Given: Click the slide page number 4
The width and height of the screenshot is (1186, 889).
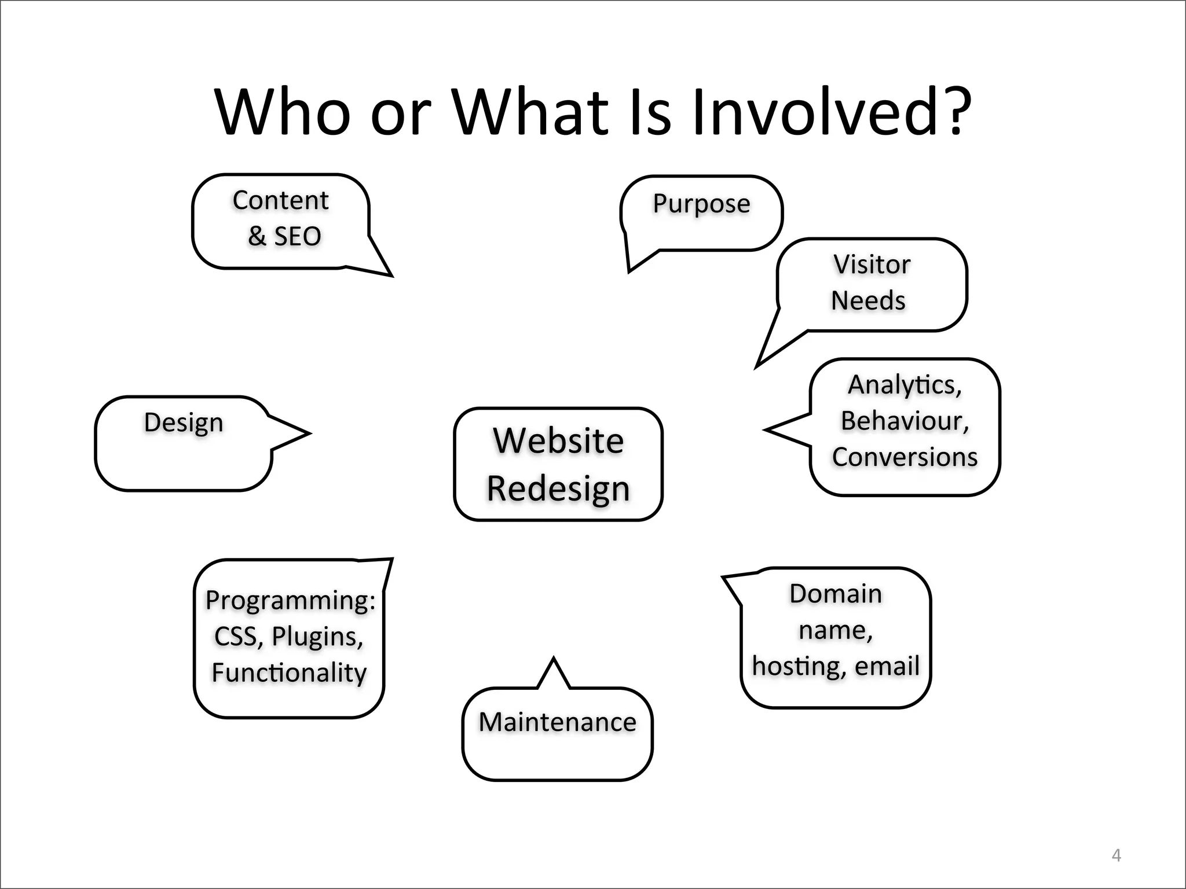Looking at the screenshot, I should [1117, 855].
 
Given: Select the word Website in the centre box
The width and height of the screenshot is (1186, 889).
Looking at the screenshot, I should [558, 441].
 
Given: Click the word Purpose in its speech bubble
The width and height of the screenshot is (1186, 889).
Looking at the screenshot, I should [701, 204].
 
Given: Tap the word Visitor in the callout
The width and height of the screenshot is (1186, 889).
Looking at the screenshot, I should [872, 265].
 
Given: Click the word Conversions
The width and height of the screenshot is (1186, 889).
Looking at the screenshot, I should [905, 457].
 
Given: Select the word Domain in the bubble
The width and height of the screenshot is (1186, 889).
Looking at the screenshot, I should [836, 594].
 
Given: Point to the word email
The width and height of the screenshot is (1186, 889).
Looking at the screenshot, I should [887, 666].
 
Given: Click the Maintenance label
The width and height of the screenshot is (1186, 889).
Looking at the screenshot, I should [557, 722].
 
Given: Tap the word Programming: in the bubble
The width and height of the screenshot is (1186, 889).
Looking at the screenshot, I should [290, 600].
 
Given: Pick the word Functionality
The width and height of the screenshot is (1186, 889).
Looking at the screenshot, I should [289, 673].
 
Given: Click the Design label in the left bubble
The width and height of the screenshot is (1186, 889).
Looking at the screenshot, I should [184, 423].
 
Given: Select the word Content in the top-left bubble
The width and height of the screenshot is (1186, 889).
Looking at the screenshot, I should [281, 201].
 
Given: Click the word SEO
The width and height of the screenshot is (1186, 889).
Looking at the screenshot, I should [297, 237].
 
